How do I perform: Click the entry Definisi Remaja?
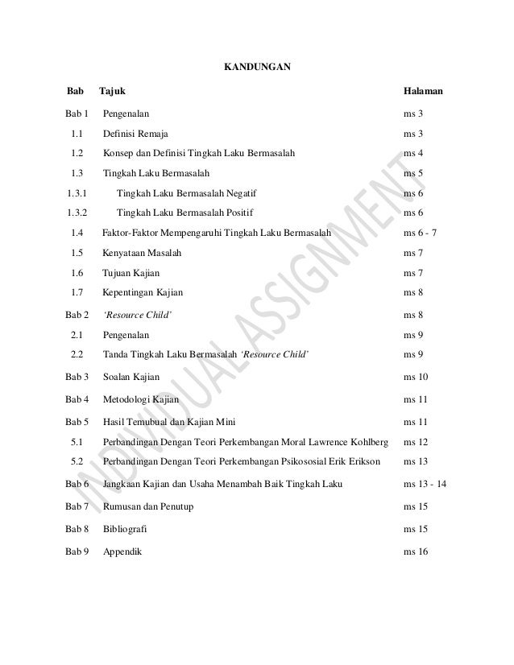coord(136,133)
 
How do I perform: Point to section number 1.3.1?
coord(77,193)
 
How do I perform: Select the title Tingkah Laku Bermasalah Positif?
coord(184,213)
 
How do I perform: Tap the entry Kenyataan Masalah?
coord(142,253)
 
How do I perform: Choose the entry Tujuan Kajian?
coord(131,274)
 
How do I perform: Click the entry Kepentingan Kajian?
coord(143,293)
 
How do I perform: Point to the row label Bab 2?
coord(77,315)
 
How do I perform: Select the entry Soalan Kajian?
coord(131,377)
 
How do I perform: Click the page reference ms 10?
coord(417,377)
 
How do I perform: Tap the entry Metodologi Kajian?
coord(142,399)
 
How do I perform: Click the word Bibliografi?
coord(125,530)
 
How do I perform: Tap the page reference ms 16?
coord(417,553)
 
